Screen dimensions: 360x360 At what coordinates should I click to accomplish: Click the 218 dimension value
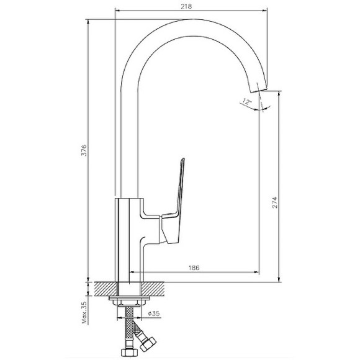[186, 6]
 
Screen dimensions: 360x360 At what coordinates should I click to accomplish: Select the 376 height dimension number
[84, 150]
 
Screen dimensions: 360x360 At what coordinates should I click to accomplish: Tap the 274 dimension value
[274, 202]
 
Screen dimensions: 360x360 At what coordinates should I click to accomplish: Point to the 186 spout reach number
[194, 268]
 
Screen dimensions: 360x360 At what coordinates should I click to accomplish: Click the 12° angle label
[246, 101]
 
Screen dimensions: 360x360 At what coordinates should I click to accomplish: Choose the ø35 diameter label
[154, 313]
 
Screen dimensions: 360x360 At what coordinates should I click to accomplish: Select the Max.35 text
[84, 313]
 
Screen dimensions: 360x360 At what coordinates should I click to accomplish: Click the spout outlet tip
[259, 90]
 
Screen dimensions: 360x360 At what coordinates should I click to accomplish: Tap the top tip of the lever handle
[183, 159]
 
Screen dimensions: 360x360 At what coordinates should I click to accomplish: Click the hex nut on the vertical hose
[129, 352]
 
